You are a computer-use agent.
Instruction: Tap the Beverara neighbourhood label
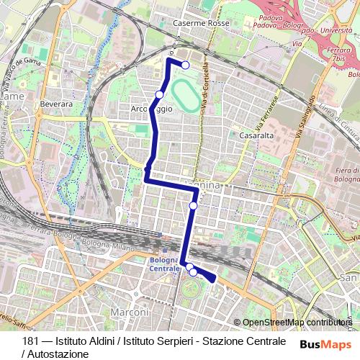57,104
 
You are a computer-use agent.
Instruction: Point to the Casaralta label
254,134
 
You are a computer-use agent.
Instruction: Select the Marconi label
130,312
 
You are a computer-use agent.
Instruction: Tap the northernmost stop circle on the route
186,66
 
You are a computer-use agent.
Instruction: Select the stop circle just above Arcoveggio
159,94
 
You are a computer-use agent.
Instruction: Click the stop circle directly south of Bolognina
194,206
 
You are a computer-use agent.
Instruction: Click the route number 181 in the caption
31,341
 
